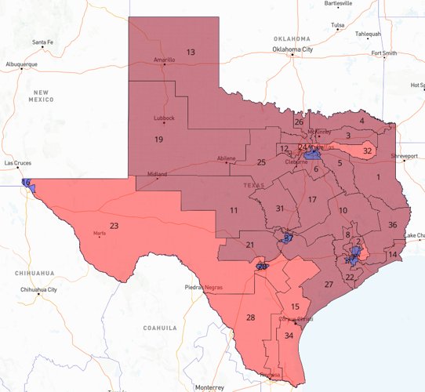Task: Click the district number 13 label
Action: pos(191,52)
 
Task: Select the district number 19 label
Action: pos(158,139)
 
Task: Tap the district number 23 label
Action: pos(114,226)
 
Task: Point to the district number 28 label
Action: pos(251,318)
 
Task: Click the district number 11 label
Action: pos(234,211)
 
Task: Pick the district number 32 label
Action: pos(368,150)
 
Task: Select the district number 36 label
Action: pos(392,225)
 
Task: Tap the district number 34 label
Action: pos(289,336)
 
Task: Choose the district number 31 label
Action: pos(280,208)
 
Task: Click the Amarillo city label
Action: pos(165,60)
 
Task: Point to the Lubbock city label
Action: pos(165,118)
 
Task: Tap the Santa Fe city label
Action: pos(43,42)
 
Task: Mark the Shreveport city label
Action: pos(399,156)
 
